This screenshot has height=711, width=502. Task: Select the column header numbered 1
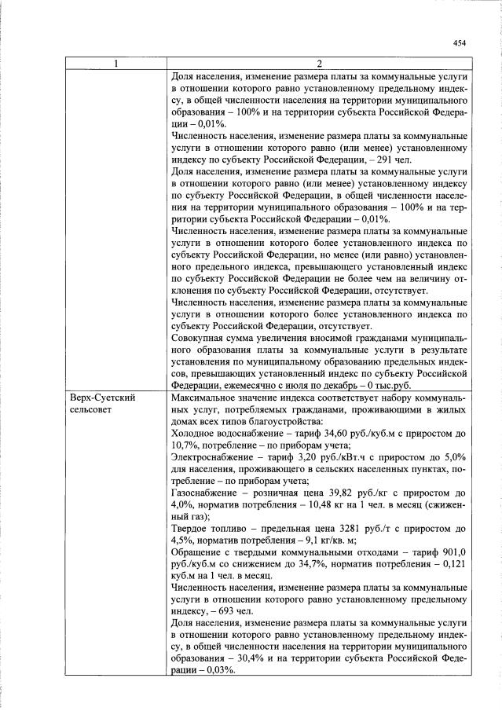(x=116, y=64)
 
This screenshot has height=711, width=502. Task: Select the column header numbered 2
(x=319, y=64)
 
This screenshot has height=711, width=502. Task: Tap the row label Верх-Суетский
(x=101, y=398)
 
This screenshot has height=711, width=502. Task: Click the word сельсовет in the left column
(x=90, y=411)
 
